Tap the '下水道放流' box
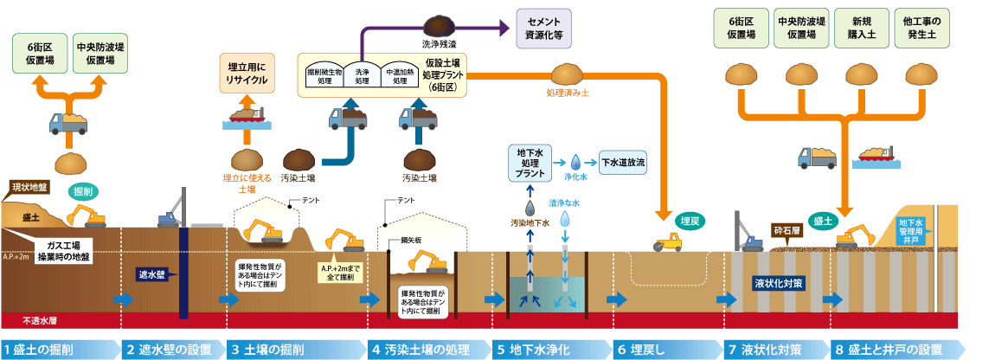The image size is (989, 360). pos(624,162)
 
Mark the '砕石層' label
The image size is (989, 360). pos(788,232)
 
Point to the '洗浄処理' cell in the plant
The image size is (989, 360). pos(363,76)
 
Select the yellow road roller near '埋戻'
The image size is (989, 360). pos(666,243)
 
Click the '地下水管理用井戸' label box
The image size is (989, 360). pos(915,227)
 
